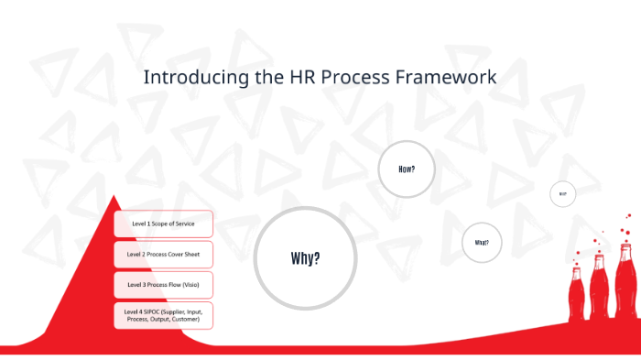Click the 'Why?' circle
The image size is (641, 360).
(305, 257)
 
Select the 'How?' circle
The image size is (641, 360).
(407, 169)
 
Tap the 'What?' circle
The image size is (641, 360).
(482, 243)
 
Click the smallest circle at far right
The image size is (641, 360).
(562, 194)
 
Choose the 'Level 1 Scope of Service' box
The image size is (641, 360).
(164, 224)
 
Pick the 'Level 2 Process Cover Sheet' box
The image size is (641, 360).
(164, 254)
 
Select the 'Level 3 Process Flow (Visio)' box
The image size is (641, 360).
(164, 284)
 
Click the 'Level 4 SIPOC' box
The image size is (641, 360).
(164, 315)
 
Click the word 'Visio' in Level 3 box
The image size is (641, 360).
(189, 284)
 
